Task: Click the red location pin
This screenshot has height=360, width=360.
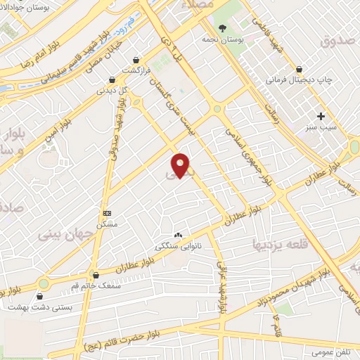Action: (x=181, y=165)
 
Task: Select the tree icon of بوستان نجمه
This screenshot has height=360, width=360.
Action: (x=222, y=28)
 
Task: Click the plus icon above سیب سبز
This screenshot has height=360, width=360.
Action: (x=321, y=116)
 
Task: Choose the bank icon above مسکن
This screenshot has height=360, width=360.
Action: (x=107, y=212)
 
